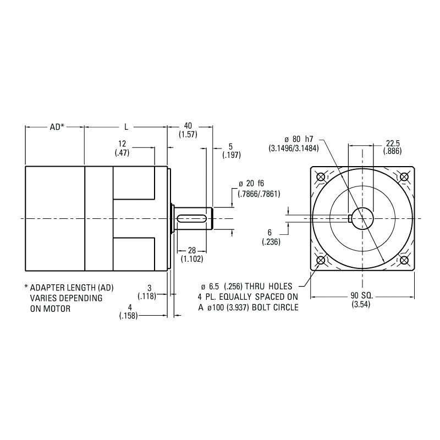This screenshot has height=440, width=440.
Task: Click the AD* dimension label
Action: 57,127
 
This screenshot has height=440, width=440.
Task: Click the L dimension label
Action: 125,127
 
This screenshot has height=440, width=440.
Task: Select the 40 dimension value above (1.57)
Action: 188,126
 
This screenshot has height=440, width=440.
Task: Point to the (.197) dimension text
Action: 230,156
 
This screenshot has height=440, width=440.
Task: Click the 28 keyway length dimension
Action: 191,251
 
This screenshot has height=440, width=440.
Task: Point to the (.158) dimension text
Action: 128,316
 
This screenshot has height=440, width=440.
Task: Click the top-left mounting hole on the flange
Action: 321,177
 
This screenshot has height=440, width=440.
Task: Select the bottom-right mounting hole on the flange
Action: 404,260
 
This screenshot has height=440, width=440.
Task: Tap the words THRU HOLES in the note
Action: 273,287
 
